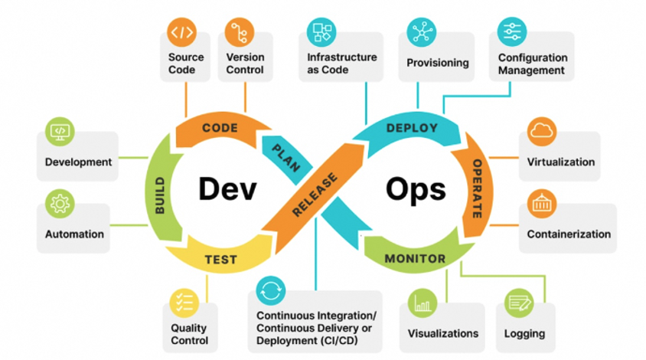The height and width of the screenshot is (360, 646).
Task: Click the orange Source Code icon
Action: point(182,33)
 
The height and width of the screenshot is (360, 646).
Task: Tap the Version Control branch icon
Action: point(240,33)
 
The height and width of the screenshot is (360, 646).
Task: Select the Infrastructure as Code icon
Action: point(321,33)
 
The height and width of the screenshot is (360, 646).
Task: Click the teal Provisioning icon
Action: point(422,32)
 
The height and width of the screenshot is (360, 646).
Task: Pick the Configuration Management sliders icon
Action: point(511,32)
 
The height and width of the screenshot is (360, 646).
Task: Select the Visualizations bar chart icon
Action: point(423,303)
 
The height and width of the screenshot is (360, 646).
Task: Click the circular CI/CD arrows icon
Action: point(271,291)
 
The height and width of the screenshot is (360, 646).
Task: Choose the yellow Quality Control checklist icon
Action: point(184,303)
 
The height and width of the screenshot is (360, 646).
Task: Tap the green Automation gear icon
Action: point(60,205)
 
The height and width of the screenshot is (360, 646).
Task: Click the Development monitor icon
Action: point(60,132)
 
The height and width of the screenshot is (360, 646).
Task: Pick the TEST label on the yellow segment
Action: point(220,260)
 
